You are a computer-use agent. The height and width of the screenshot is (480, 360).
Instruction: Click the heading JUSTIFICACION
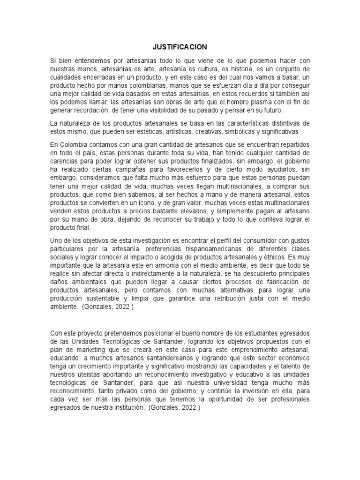[180, 47]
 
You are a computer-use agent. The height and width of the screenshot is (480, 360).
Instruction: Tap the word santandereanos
[142, 358]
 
